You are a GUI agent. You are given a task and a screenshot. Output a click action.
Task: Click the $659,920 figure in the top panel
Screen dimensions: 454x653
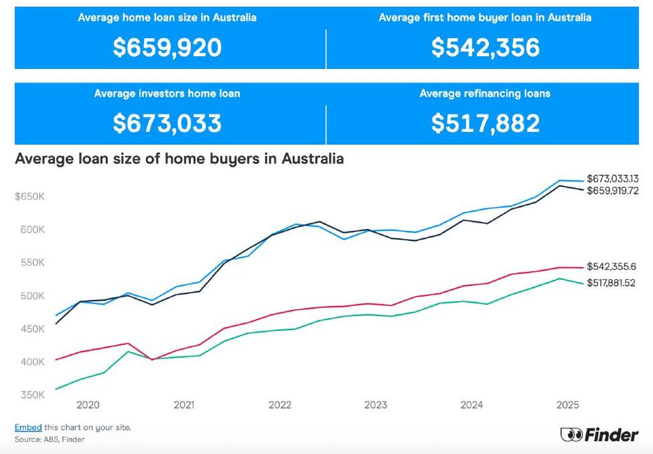point(167,48)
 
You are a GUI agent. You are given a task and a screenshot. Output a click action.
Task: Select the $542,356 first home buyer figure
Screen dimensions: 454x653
point(485,48)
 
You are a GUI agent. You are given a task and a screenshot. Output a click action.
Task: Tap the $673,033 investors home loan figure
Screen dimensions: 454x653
point(167,123)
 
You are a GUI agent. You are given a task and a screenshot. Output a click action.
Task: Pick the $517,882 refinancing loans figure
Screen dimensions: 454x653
point(485,123)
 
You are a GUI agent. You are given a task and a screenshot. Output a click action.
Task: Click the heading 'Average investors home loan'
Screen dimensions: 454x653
point(167,94)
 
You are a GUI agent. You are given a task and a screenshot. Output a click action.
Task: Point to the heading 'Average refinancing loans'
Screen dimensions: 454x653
point(485,94)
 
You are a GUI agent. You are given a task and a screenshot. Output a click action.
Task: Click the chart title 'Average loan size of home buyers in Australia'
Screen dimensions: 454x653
point(179,159)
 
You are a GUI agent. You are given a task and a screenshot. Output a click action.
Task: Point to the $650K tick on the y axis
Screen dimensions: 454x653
point(29,196)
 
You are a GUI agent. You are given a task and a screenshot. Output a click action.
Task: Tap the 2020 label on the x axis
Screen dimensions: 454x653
point(87,405)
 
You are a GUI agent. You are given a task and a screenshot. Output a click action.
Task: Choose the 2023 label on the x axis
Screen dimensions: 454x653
point(376,405)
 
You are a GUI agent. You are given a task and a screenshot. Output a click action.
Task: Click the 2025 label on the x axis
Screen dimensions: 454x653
point(568,405)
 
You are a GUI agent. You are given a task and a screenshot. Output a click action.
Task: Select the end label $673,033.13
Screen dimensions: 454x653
point(612,179)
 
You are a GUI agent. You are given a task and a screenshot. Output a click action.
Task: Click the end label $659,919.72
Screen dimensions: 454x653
point(612,191)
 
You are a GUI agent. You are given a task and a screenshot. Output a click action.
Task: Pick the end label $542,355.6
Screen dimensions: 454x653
point(611,267)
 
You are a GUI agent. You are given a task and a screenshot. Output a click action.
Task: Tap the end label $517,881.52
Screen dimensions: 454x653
point(611,283)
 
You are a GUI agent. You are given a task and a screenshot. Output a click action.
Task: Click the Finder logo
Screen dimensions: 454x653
point(599,435)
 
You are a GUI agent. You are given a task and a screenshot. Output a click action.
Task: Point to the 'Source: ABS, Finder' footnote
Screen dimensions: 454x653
point(50,439)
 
